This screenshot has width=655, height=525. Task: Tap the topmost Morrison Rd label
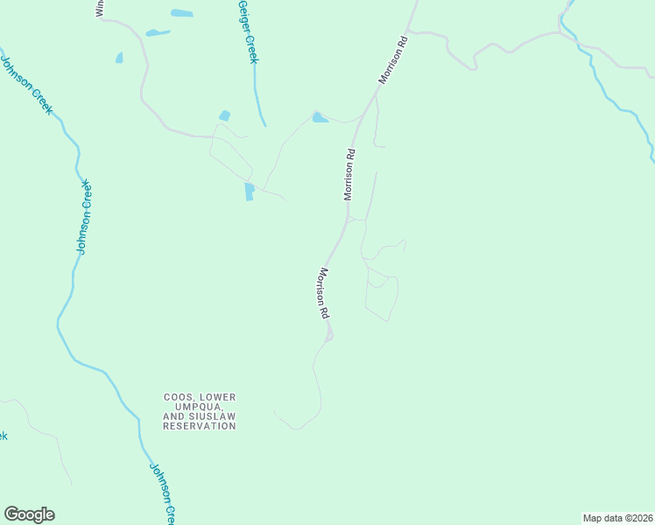[x=393, y=60]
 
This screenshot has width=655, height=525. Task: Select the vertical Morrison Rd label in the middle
[x=349, y=174]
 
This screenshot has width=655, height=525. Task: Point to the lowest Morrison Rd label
[x=323, y=292]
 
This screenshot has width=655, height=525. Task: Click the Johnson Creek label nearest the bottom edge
[x=164, y=493]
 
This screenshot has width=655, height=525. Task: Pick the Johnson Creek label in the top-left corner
[x=27, y=85]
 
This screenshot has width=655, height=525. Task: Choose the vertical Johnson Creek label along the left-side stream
[x=83, y=217]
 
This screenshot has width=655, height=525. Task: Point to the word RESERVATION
[x=199, y=426]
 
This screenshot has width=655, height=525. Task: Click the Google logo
[x=29, y=514]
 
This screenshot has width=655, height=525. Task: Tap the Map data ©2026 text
[x=617, y=517]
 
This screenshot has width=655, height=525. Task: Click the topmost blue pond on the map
[x=181, y=13]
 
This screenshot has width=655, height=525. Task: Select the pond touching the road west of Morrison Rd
[x=320, y=117]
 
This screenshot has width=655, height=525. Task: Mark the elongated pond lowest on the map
[x=250, y=191]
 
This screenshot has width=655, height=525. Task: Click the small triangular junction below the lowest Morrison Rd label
[x=329, y=334]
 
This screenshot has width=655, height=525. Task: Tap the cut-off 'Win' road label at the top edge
[x=99, y=8]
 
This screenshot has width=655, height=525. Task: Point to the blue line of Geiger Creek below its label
[x=257, y=101]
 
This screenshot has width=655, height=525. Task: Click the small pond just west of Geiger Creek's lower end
[x=225, y=115]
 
